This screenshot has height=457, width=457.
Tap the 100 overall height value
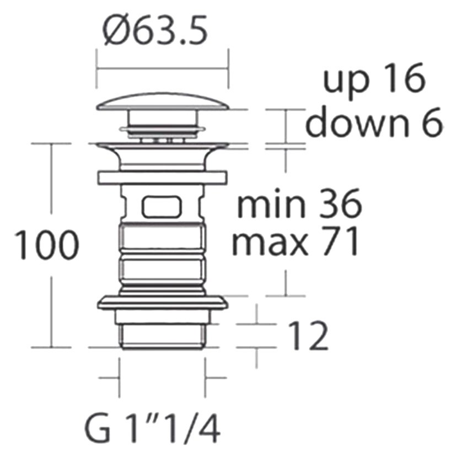coord(46,245)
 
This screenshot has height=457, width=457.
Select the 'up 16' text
coord(374,78)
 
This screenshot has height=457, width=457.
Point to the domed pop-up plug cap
coord(163,101)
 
